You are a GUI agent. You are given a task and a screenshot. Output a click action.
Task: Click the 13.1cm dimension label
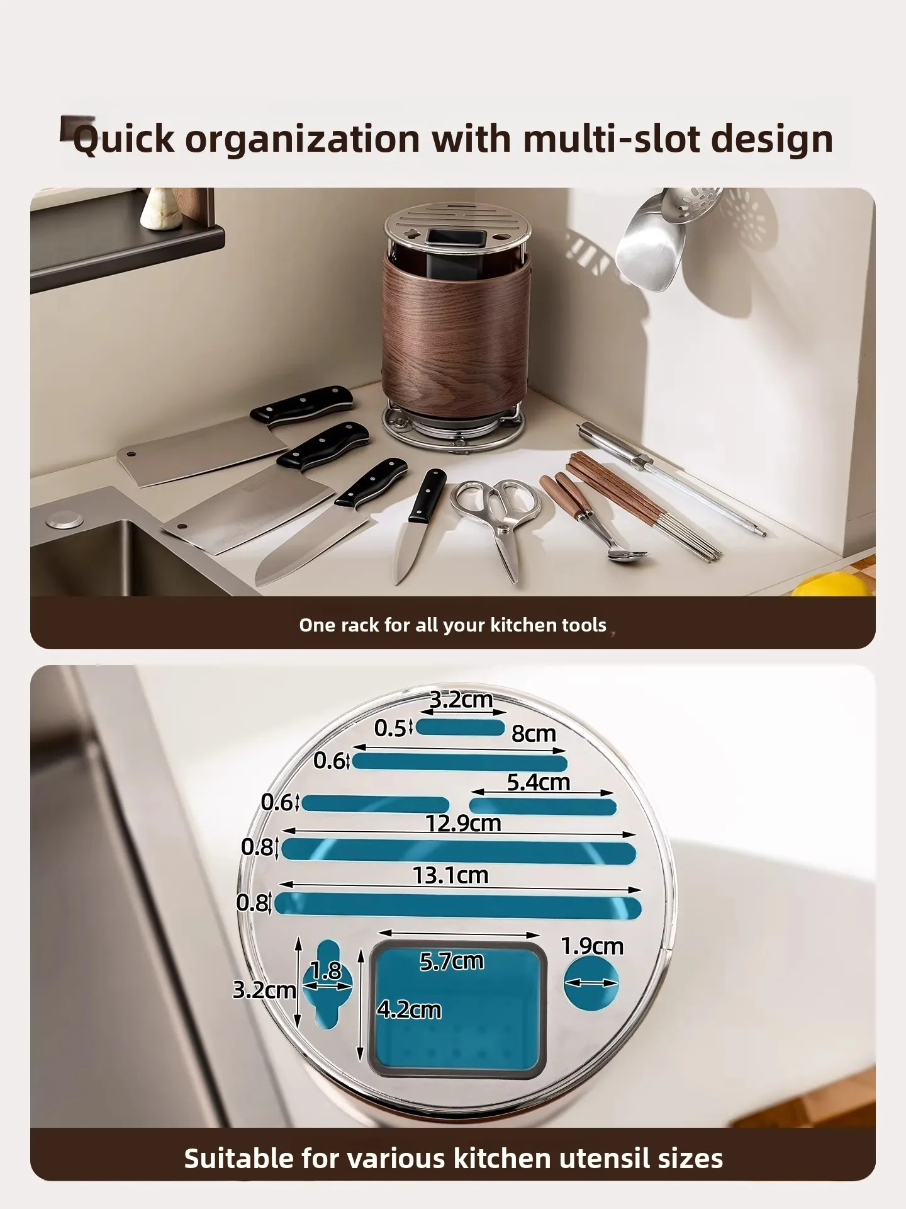pos(450,875)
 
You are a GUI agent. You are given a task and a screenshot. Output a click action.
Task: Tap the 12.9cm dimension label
pos(463,823)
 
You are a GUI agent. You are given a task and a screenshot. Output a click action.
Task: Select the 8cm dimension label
pos(534,734)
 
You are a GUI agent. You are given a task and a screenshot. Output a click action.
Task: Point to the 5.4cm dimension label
pos(539,782)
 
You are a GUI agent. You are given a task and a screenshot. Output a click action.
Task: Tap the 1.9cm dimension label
pos(592,946)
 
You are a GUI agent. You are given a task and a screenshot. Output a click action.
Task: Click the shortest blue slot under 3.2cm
pos(461,727)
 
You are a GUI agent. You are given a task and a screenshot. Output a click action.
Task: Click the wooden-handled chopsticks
pos(642,504)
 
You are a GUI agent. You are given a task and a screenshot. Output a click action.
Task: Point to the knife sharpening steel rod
pos(672,479)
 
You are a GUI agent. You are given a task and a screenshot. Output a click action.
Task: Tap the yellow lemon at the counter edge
pos(832,584)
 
